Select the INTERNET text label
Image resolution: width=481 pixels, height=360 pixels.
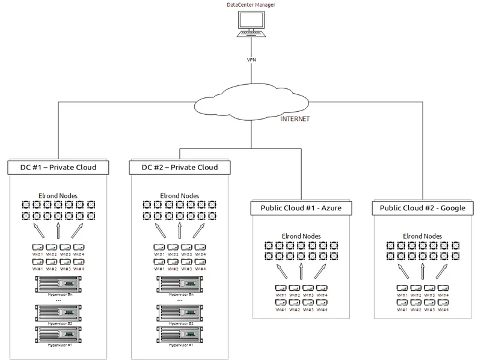coord(295,119)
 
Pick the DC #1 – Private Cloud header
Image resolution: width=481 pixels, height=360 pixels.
coord(60,166)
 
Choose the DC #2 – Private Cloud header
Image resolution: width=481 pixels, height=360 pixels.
coord(181,166)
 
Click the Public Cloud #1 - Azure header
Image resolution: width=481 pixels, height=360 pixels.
coord(301,208)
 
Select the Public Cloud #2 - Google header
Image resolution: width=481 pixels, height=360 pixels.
coord(423,208)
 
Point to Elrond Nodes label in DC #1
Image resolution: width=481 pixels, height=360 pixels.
coord(58,195)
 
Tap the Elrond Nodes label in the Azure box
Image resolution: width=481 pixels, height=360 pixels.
coord(301,236)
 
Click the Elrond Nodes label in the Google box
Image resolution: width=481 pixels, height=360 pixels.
coord(421,236)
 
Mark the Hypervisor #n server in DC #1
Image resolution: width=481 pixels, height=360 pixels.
coord(58,282)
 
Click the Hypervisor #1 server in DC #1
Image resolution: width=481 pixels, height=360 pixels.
coord(58,334)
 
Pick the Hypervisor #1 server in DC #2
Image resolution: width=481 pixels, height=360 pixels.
coord(180,334)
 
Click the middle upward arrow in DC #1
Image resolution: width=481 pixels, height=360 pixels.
coord(58,231)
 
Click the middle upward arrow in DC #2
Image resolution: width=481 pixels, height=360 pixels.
coord(180,231)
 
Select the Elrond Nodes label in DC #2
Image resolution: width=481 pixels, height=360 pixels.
coord(180,195)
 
